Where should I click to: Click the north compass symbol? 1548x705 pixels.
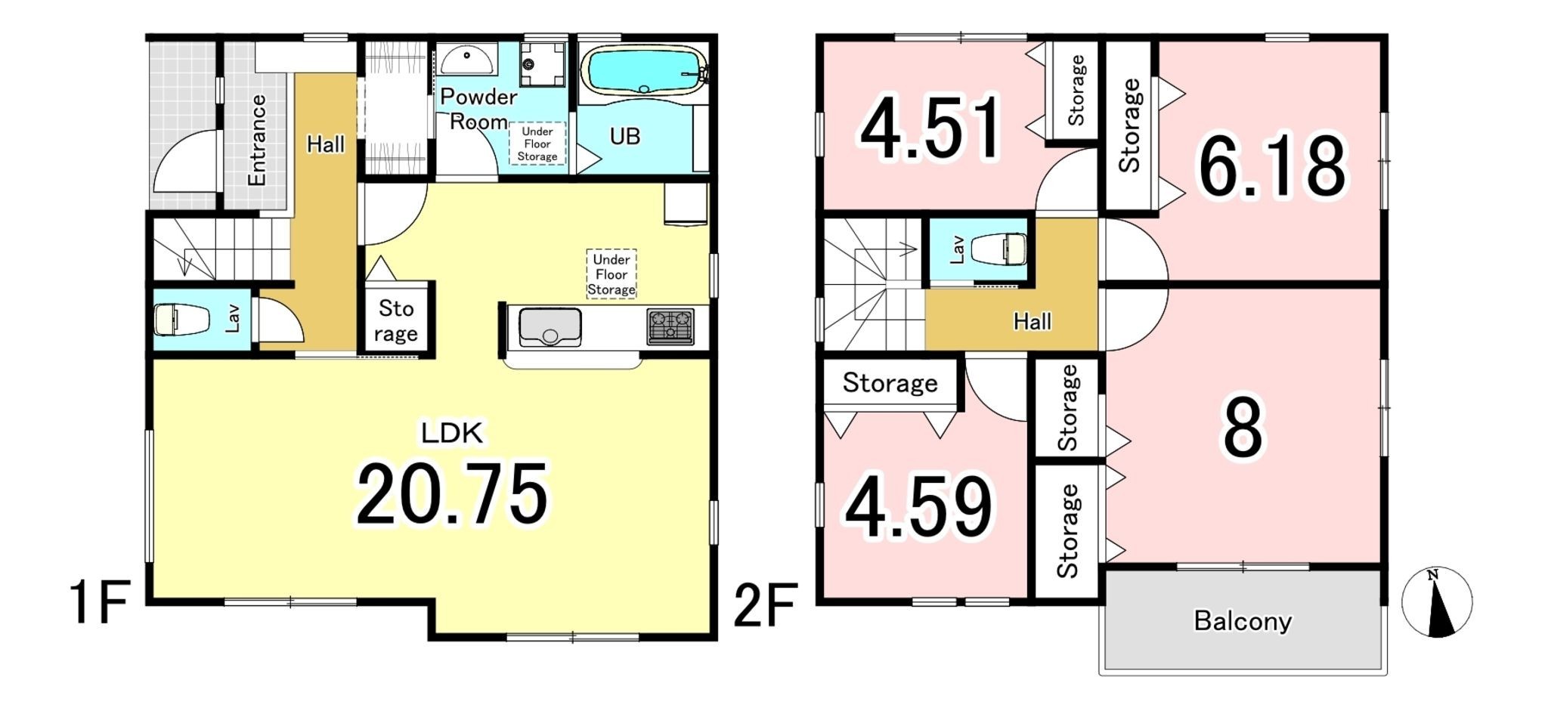[x=1437, y=602]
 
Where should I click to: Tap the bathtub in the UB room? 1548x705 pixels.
[x=643, y=70]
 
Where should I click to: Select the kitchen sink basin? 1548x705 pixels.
[x=550, y=327]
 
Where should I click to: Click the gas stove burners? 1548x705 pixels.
[x=670, y=327]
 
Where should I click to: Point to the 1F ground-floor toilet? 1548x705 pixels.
[x=181, y=319]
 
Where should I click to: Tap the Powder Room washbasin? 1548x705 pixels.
[x=467, y=60]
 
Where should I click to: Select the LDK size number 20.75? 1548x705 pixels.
[x=452, y=494]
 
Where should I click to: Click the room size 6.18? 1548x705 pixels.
[x=1272, y=166]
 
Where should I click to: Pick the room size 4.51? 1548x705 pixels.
[x=931, y=128]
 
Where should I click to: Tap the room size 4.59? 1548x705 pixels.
[x=918, y=507]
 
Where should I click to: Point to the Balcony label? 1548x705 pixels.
[x=1243, y=621]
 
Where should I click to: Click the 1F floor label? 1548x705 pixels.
[x=101, y=602]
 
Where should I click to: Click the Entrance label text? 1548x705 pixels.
[x=257, y=140]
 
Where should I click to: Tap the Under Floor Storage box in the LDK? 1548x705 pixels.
[x=611, y=274]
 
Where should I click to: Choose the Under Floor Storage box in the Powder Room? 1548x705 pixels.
[x=537, y=144]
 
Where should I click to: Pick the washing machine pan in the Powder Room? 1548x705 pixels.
[x=542, y=64]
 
